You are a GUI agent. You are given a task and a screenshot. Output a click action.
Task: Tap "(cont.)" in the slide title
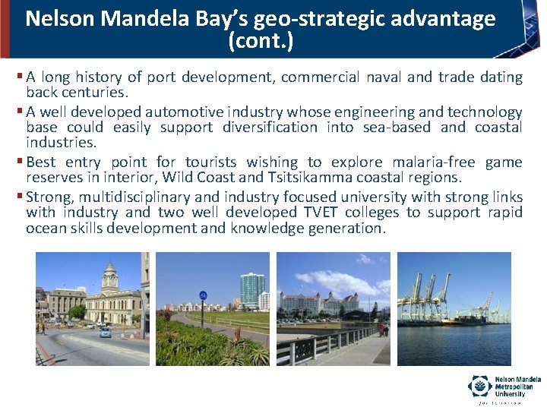click(x=260, y=41)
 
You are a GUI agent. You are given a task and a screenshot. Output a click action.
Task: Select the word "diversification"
click(x=269, y=128)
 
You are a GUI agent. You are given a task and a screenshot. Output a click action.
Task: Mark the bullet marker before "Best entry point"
click(x=21, y=162)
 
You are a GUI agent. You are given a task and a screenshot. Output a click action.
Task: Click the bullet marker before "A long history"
click(x=21, y=77)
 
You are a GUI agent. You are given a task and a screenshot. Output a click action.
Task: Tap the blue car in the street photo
click(x=106, y=332)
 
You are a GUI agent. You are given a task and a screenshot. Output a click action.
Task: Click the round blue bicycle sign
click(x=203, y=295)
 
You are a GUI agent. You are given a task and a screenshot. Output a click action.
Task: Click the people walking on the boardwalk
click(x=382, y=329)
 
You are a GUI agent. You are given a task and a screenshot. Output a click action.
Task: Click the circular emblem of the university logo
click(x=479, y=386)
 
